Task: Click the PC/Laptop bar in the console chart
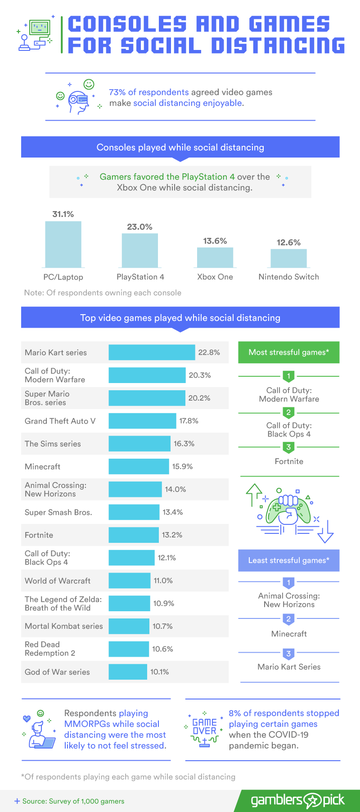pos(63,244)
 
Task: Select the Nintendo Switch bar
pos(288,258)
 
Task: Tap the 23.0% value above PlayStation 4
pos(139,227)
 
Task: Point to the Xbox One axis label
pos(215,277)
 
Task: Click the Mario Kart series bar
pos(152,352)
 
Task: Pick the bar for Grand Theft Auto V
pos(142,421)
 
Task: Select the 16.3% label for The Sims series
pos(184,443)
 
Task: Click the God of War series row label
pos(57,672)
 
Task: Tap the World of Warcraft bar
pos(130,581)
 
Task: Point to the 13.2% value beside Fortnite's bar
pos(172,535)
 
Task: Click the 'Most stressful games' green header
pos(288,352)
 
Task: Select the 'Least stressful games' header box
pos(288,560)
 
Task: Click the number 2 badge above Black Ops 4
pos(288,412)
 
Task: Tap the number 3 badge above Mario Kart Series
pos(288,654)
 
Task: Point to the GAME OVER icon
pos(205,730)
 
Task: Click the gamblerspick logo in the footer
pos(297,800)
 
